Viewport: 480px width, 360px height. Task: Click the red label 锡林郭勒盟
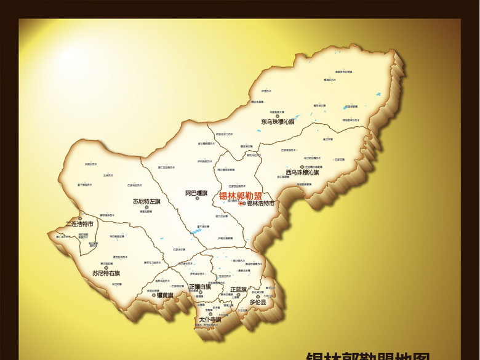tap(241, 196)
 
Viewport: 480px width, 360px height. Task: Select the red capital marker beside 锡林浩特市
tap(241, 203)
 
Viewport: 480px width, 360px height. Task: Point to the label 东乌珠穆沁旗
tap(278, 122)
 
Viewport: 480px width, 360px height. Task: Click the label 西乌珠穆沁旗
tap(302, 173)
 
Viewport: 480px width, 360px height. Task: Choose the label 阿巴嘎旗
tap(197, 193)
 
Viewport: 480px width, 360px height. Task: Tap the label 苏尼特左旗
tap(146, 201)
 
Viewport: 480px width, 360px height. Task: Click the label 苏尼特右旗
tap(106, 273)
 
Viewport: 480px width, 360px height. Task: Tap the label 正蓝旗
tap(238, 289)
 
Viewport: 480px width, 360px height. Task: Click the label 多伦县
tap(258, 303)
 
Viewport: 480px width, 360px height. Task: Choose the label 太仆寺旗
tap(210, 320)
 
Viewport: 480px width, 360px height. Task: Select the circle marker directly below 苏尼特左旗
tap(146, 207)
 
